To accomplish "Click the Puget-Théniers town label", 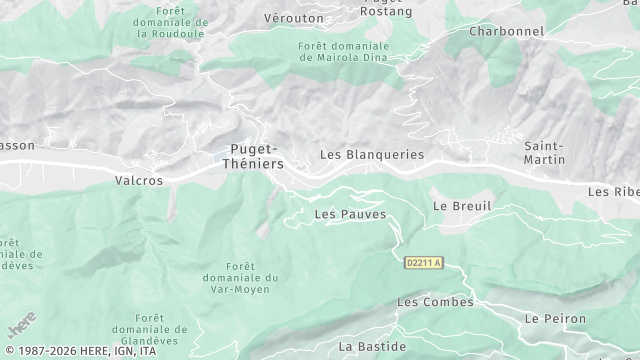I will coord(250,156).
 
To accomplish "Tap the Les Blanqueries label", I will coord(372,155).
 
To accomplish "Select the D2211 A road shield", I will coord(423,263).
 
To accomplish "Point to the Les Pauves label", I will coord(350,214).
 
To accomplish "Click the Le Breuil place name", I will coord(462,205).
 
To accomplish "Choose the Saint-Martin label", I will coord(545,153).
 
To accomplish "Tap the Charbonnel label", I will coord(507,31).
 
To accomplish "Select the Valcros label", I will coord(138,181).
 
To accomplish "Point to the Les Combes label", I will coord(435,301).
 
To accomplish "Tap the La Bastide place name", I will coord(371,346).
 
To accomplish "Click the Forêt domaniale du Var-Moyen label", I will coord(251,277).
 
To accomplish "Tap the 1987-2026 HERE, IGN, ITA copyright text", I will coord(79,351).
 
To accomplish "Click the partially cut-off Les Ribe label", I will coord(613,191).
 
